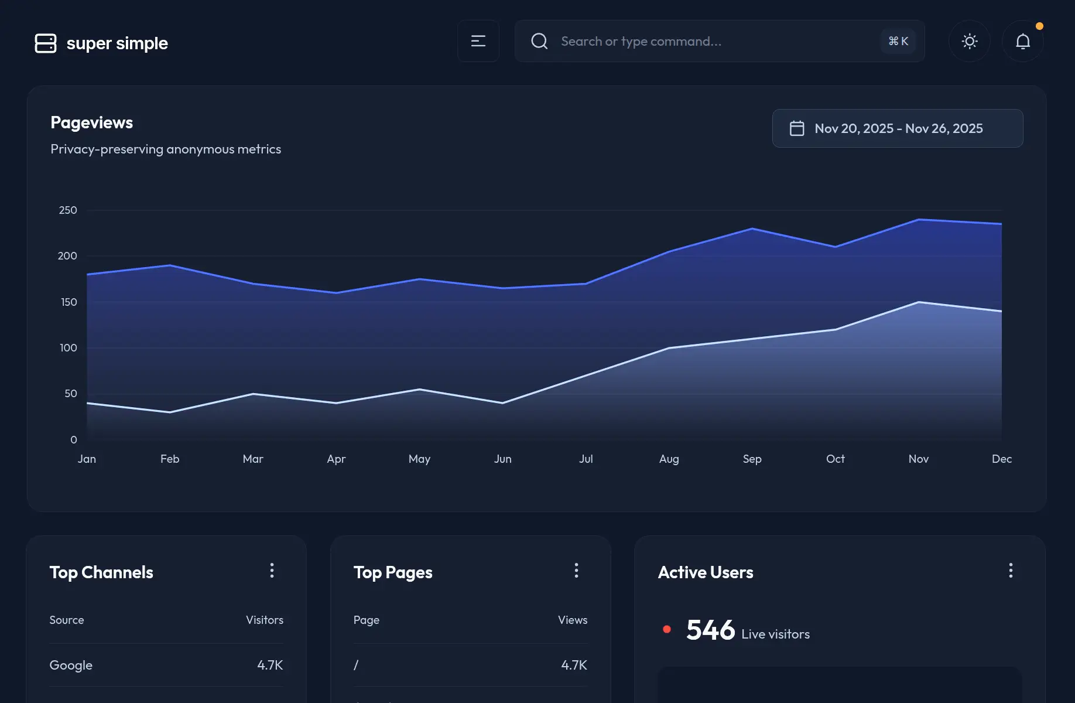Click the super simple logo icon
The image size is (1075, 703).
(46, 43)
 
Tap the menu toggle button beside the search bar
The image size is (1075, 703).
(478, 41)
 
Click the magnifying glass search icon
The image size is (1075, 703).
(539, 41)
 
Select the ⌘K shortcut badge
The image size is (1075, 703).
(898, 41)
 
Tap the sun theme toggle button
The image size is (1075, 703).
(970, 41)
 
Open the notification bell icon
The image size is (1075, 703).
(1023, 42)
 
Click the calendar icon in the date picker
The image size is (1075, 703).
(797, 128)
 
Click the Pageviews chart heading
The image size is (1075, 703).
(92, 122)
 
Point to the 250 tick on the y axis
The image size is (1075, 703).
(68, 210)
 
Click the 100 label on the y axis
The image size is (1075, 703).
(68, 348)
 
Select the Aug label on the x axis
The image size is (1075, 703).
(669, 459)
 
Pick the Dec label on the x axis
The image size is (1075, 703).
(1002, 459)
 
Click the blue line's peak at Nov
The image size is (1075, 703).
(919, 220)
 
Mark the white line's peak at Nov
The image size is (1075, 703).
(919, 302)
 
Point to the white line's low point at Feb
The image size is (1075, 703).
(170, 412)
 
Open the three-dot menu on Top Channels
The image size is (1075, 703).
(272, 571)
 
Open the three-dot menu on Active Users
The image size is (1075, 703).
(1011, 571)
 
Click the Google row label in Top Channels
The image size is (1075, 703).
(71, 665)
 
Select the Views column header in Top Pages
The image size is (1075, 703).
(573, 620)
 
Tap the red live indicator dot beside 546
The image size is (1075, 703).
(667, 629)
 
